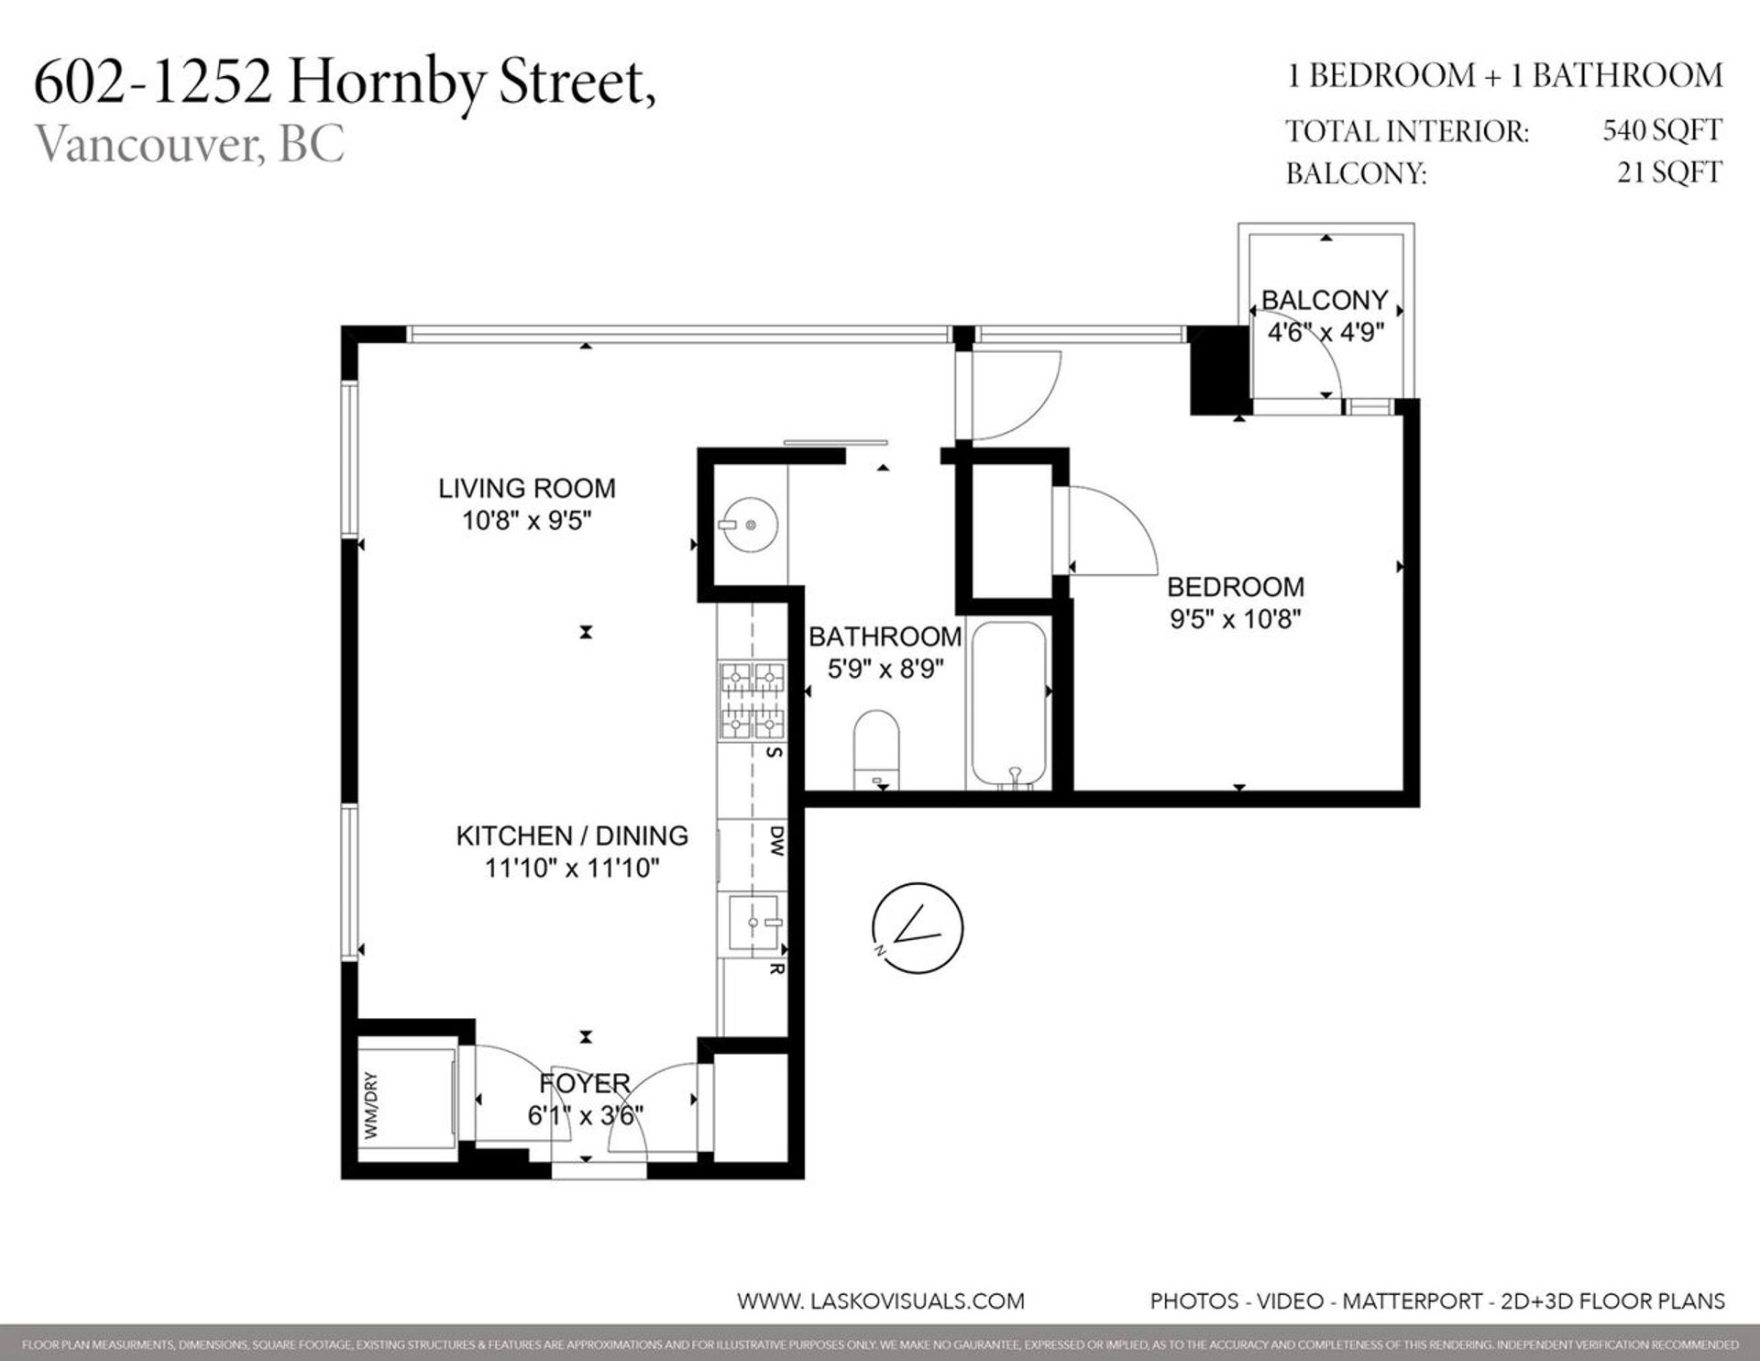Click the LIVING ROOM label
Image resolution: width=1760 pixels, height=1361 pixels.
click(526, 488)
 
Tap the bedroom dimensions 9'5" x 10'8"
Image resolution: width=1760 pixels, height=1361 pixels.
click(1235, 619)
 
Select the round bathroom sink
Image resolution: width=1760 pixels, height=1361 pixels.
click(750, 526)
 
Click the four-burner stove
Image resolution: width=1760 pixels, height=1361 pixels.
click(753, 702)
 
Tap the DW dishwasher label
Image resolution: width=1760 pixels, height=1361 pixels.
click(776, 840)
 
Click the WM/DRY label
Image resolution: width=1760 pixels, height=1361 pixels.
click(371, 1106)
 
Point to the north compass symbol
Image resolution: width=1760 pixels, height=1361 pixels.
click(918, 928)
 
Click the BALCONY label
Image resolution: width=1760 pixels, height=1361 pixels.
click(1324, 300)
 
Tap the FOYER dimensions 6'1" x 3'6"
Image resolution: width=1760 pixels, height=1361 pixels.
click(585, 1115)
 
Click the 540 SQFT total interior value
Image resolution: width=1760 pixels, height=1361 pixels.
click(1662, 130)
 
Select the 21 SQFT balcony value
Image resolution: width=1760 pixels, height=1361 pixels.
click(1669, 172)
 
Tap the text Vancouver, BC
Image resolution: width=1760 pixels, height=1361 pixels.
click(190, 144)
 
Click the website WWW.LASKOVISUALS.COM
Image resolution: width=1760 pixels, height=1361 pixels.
click(880, 1300)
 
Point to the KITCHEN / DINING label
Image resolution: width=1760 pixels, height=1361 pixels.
click(572, 835)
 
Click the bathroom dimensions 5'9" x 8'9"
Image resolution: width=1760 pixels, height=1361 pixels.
click(885, 669)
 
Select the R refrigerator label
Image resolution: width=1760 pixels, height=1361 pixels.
click(776, 968)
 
